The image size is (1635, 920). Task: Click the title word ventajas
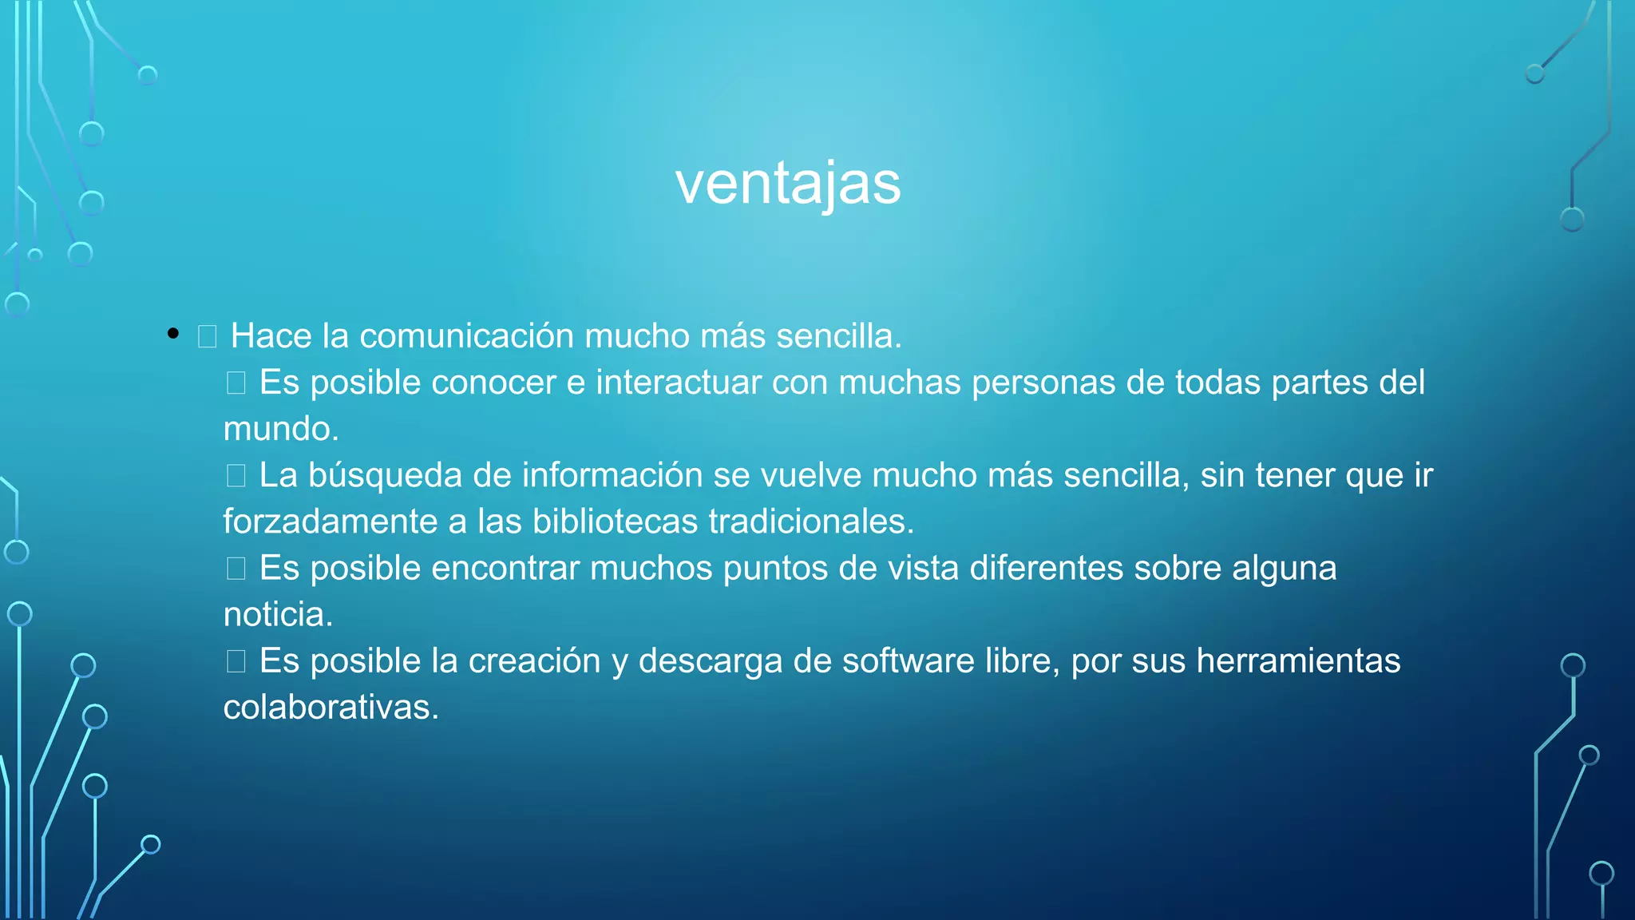coord(788,184)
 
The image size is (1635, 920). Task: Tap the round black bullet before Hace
coord(173,334)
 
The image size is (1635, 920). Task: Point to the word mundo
coord(280,430)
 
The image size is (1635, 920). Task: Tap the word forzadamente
coord(330,522)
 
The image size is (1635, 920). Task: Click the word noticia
coord(277,615)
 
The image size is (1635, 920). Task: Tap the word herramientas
coord(1298,661)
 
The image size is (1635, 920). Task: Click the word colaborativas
coord(331,708)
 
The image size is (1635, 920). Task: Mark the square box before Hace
coord(208,336)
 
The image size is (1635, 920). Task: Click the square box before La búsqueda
coord(236,476)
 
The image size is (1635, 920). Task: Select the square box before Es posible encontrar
coord(236,569)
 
